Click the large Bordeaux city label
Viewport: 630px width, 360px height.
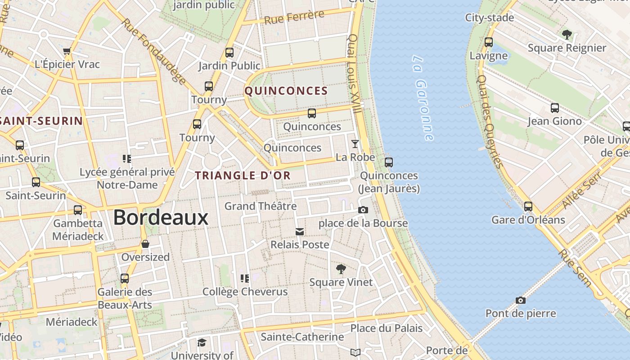[x=161, y=218]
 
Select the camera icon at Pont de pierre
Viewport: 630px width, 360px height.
[x=520, y=300]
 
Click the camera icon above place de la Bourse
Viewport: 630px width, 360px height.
[x=363, y=210]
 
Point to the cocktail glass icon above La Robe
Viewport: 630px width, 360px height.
[x=355, y=144]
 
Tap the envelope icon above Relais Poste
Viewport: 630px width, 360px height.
[x=300, y=232]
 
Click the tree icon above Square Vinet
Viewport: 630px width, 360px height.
[x=341, y=269]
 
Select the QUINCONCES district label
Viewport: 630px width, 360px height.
[x=286, y=91]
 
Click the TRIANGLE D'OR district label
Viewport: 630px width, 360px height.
[x=243, y=175]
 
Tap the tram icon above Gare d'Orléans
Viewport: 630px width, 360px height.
[x=528, y=207]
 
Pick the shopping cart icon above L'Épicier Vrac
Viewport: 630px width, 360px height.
[x=67, y=51]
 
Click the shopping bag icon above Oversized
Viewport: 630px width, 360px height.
[x=145, y=244]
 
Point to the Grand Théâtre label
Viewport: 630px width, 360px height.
[x=261, y=206]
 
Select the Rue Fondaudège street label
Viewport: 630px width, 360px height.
[x=153, y=52]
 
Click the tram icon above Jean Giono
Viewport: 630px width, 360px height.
[x=554, y=108]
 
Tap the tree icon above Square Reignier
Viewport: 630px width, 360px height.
[x=567, y=35]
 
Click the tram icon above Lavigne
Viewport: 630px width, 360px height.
[x=489, y=43]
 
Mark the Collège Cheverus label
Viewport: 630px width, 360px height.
[x=245, y=292]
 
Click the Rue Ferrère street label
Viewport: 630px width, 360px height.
[x=294, y=17]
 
